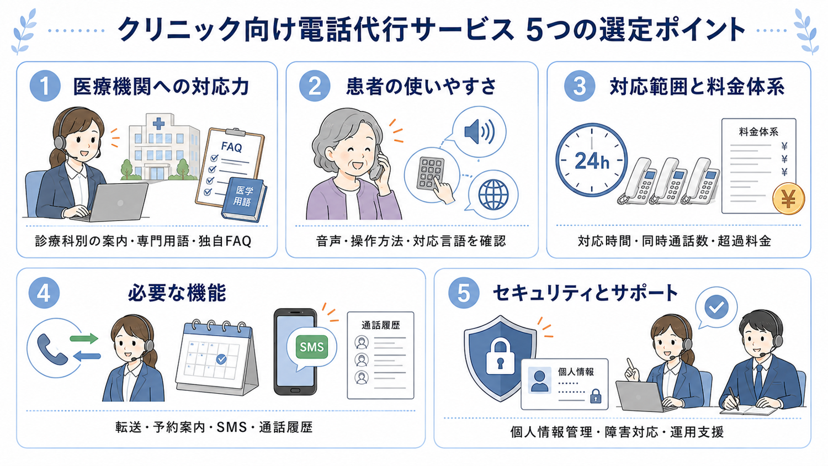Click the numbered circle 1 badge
pyautogui.click(x=45, y=86)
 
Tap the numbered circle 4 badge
pyautogui.click(x=44, y=293)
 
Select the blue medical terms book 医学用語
pyautogui.click(x=244, y=199)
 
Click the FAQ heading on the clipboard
pyautogui.click(x=232, y=147)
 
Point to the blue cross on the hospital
pyautogui.click(x=158, y=124)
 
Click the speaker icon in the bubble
pyautogui.click(x=480, y=131)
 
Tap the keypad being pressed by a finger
pyautogui.click(x=430, y=173)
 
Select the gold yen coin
pyautogui.click(x=788, y=199)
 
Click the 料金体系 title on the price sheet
pyautogui.click(x=758, y=131)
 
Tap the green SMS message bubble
pyautogui.click(x=312, y=347)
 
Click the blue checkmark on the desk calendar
pyautogui.click(x=221, y=359)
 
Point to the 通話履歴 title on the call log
pyautogui.click(x=380, y=325)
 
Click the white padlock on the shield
pyautogui.click(x=500, y=357)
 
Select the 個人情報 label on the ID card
pyautogui.click(x=576, y=372)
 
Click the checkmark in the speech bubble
pyautogui.click(x=716, y=307)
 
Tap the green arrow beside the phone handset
pyautogui.click(x=84, y=338)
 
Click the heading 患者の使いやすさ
pyautogui.click(x=421, y=86)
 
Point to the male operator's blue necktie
pyautogui.click(x=758, y=381)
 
